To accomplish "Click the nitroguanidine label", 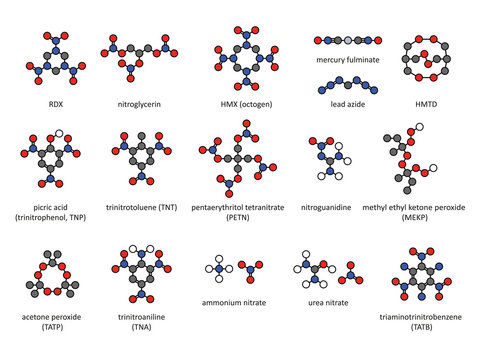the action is click(x=331, y=198).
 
